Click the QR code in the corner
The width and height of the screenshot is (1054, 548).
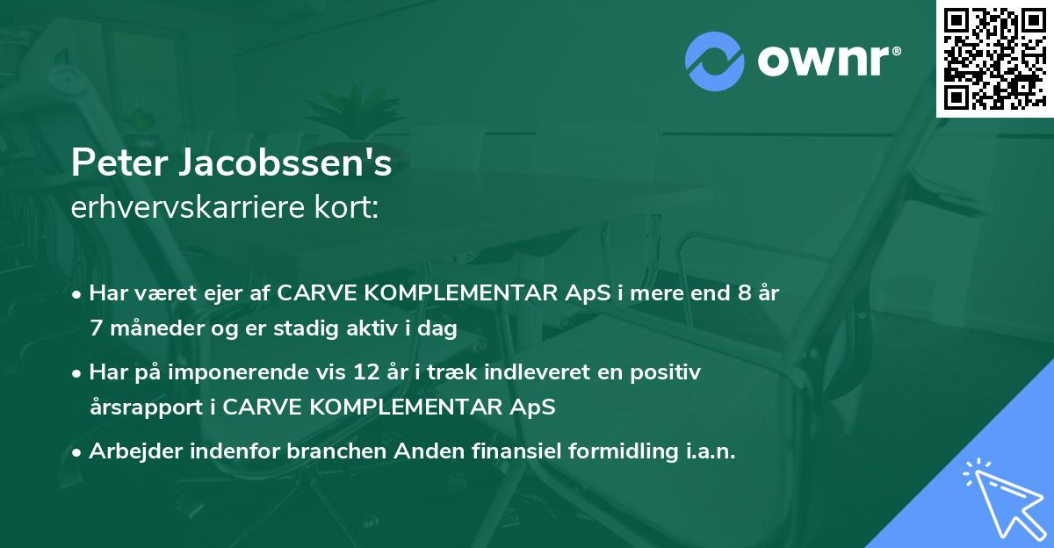click(x=993, y=59)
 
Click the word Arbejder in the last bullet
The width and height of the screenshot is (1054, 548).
click(x=130, y=451)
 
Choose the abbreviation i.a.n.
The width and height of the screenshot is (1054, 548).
click(x=708, y=451)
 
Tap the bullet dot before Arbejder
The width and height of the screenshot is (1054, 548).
click(x=77, y=452)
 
